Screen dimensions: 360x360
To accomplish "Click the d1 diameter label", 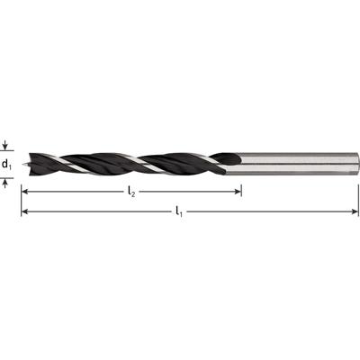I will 7,165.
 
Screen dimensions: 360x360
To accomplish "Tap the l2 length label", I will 131,192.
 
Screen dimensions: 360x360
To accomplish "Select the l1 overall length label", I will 180,211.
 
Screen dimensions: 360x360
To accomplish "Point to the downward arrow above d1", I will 7,145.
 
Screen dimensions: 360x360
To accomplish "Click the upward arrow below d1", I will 7,183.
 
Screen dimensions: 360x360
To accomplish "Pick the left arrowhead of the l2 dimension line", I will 26,191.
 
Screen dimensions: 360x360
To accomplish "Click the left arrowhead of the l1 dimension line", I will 26,211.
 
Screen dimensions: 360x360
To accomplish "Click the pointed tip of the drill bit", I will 28,164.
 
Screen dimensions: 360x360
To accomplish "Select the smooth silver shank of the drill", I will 297,164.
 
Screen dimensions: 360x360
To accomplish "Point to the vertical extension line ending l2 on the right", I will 241,184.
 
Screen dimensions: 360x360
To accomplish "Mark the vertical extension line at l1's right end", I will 358,193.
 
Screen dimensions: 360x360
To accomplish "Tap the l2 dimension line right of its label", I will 189,191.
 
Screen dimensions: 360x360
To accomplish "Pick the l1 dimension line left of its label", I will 99,211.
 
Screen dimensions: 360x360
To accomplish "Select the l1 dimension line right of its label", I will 270,211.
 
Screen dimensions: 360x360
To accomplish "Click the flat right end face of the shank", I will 356,164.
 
